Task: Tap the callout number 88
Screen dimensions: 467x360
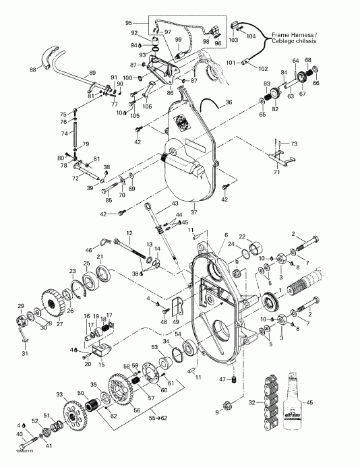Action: click(32, 69)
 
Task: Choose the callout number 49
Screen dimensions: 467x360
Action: click(177, 321)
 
